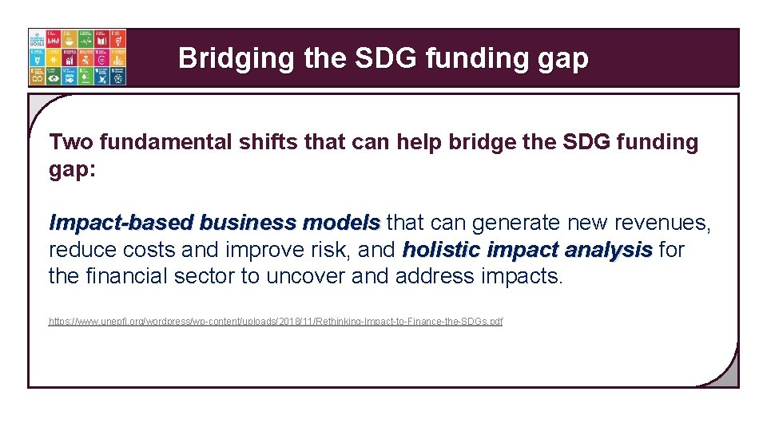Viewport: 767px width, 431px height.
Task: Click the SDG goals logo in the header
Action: pos(77,57)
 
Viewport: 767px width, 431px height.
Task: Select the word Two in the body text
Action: pos(67,142)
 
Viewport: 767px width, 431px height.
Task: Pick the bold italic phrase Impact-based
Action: pos(121,223)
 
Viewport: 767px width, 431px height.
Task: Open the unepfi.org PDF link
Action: pos(276,322)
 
